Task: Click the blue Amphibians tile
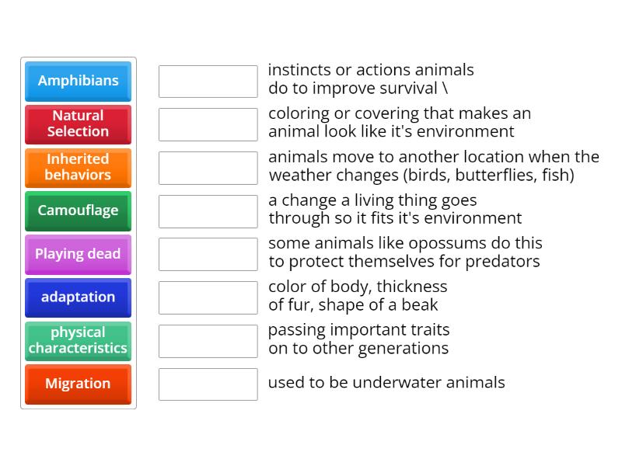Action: click(x=78, y=81)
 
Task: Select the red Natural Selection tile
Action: click(x=78, y=124)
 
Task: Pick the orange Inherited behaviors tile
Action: click(x=78, y=167)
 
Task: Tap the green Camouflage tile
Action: click(x=78, y=210)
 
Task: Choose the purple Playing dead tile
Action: click(x=78, y=254)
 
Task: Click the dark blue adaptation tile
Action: click(x=78, y=297)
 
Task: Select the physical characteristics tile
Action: click(x=78, y=341)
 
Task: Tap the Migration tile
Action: click(x=78, y=384)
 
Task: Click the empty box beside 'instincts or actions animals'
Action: click(x=208, y=81)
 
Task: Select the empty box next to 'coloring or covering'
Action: click(x=208, y=124)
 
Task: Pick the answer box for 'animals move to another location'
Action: click(x=208, y=168)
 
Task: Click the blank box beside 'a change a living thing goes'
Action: click(x=208, y=211)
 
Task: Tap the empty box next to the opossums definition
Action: click(x=208, y=254)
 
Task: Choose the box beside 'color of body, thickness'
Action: click(x=208, y=297)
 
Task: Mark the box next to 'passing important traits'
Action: click(x=208, y=341)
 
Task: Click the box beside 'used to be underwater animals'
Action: click(x=208, y=384)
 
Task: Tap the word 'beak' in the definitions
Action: click(x=421, y=305)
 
